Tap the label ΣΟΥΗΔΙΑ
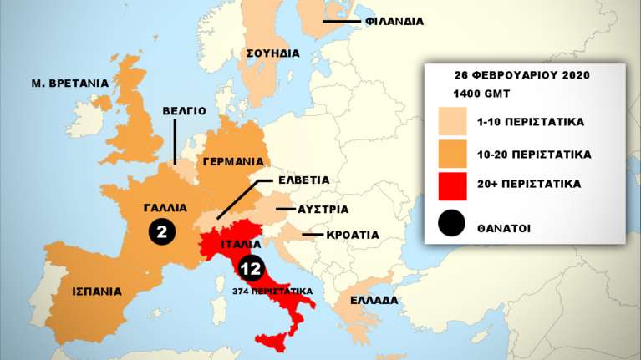pos(273,53)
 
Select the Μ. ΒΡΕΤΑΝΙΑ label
pos(70,83)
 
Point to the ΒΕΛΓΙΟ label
pos(184,110)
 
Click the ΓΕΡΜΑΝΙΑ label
pos(234,161)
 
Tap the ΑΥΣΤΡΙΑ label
pos(323,209)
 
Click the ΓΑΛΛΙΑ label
pos(165,207)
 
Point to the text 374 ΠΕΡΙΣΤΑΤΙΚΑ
pos(273,291)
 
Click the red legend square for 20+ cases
pos(452,187)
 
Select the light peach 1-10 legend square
pos(452,122)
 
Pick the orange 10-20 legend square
pos(452,155)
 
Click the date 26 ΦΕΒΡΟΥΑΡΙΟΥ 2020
pos(522,74)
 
